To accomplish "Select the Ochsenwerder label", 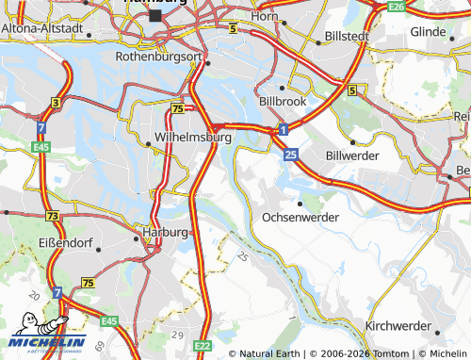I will tap(300, 216).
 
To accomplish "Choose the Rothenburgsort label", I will tap(159, 57).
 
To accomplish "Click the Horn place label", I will tap(267, 17).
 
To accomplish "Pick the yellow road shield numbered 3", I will tap(57, 102).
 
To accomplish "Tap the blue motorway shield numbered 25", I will tap(291, 153).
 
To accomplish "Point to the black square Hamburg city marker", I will tap(154, 16).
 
